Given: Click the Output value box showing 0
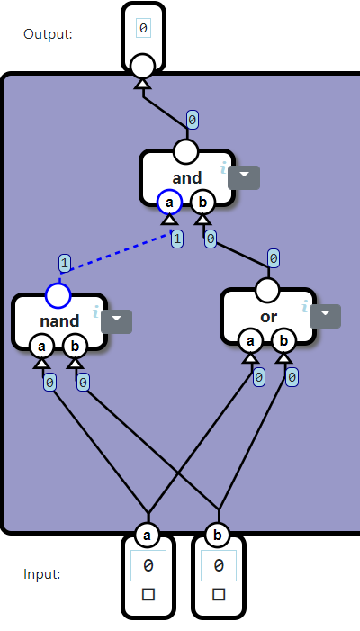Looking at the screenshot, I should (x=143, y=29).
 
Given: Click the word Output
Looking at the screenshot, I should (x=48, y=34).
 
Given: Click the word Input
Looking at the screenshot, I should (x=41, y=573).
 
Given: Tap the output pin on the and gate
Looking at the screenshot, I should (x=185, y=150).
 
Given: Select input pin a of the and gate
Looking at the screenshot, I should (x=168, y=203).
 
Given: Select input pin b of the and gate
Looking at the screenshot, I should (x=202, y=203).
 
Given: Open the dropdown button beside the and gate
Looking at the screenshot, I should (x=244, y=177).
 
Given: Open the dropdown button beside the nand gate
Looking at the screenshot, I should (x=116, y=321).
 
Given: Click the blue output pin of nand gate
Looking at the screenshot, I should (x=58, y=294).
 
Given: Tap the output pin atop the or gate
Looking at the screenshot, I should (x=267, y=290).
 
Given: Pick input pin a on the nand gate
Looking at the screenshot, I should (x=40, y=346).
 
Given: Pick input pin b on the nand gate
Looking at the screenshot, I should (x=75, y=346).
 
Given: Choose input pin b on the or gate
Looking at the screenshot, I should (x=283, y=341).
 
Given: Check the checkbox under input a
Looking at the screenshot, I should (x=148, y=594).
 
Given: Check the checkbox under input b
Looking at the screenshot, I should (x=219, y=594).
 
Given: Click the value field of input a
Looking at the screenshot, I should (x=148, y=566).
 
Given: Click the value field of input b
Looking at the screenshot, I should (x=219, y=566).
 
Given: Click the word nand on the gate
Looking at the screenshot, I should (x=58, y=320).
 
